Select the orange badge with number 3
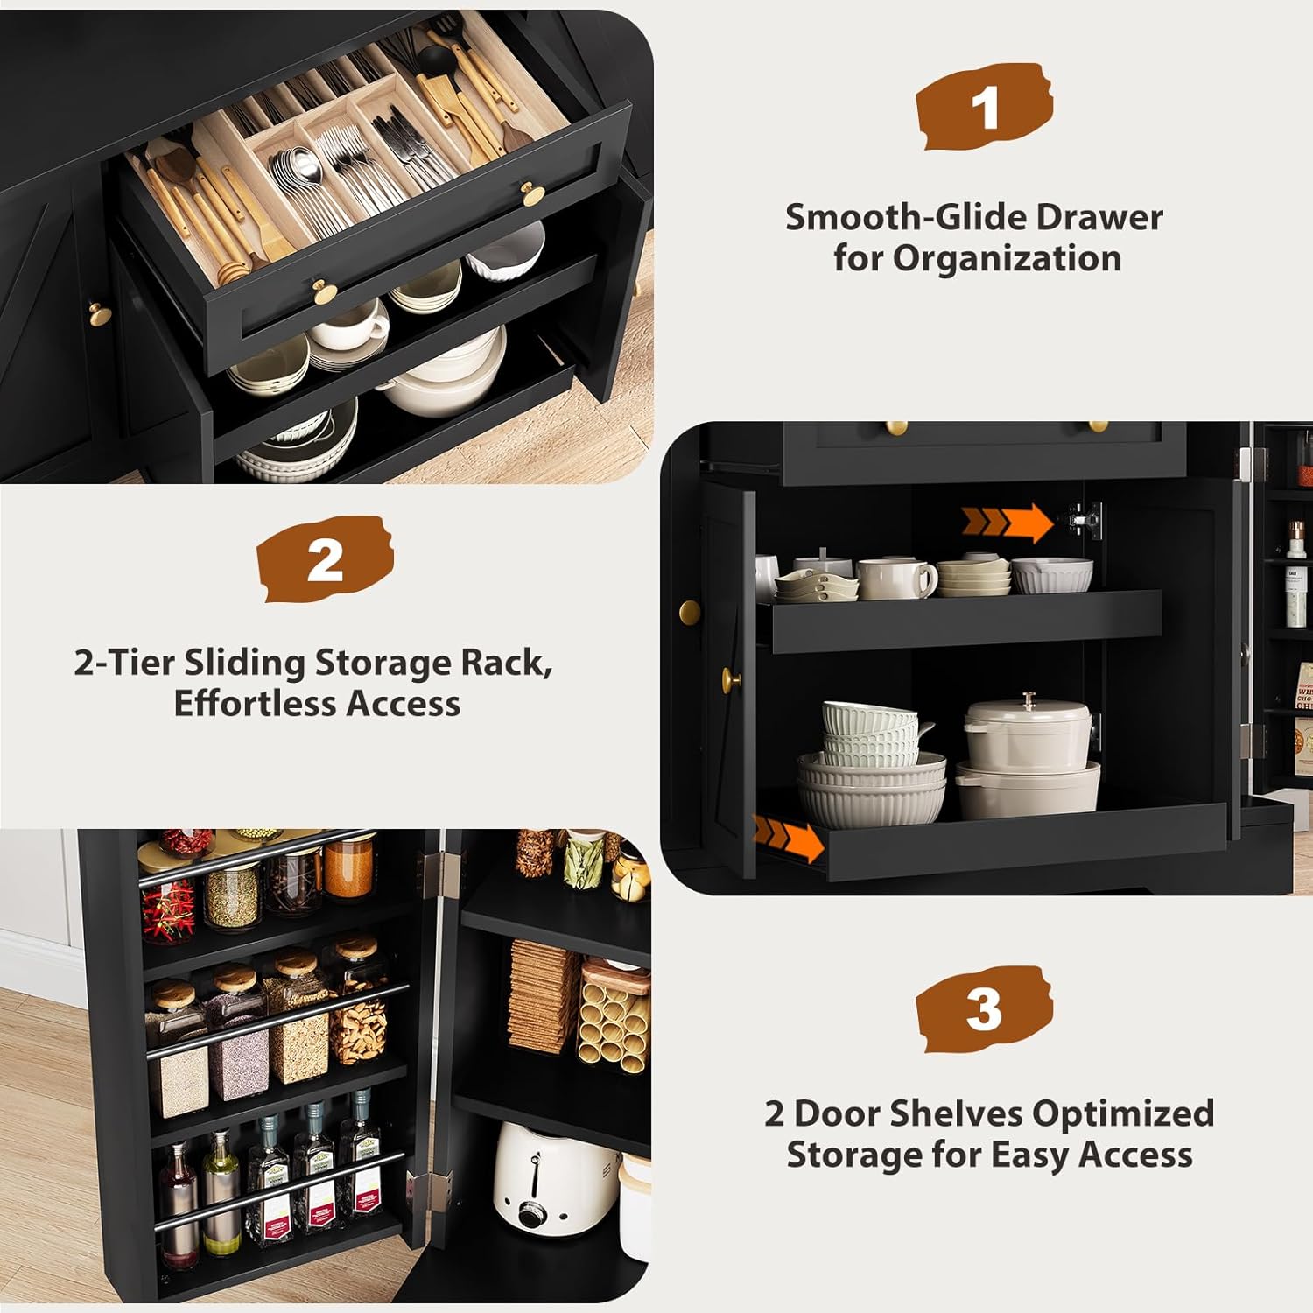tap(984, 1008)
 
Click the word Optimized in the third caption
tap(1122, 1113)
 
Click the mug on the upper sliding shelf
tap(895, 579)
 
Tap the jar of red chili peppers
tap(167, 910)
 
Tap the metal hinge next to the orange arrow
tap(1082, 518)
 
